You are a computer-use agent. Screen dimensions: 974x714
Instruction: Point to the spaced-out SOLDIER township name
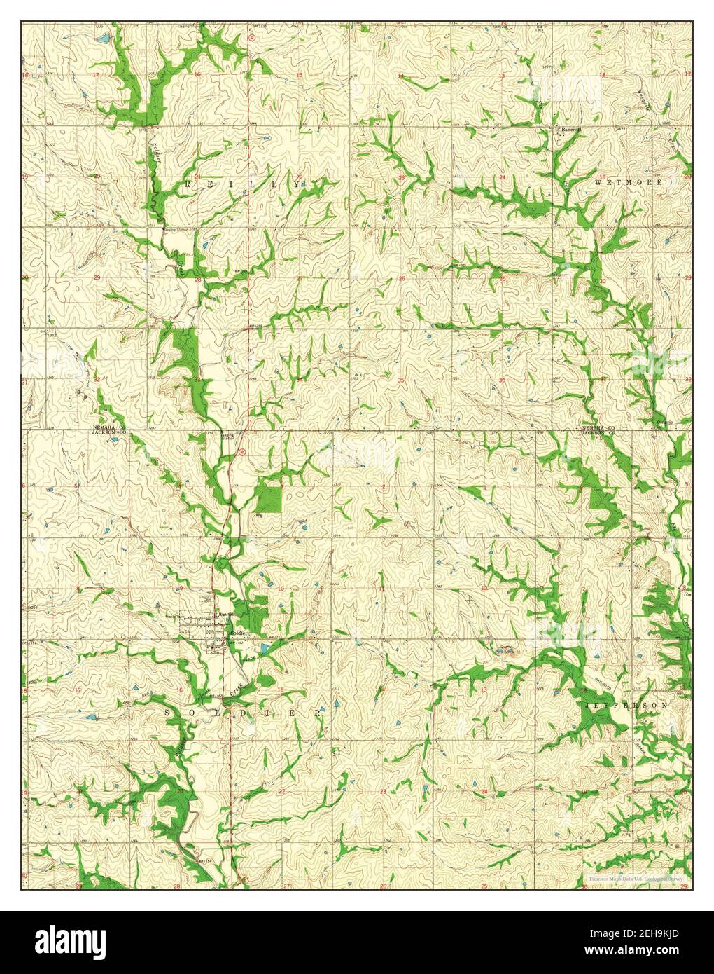(x=245, y=712)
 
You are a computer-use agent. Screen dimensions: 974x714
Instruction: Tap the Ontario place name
(x=665, y=422)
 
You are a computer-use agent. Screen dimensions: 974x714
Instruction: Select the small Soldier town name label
(x=240, y=633)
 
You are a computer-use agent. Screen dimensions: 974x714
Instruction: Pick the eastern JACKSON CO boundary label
(x=597, y=433)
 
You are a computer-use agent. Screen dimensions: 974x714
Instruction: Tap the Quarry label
(x=505, y=647)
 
